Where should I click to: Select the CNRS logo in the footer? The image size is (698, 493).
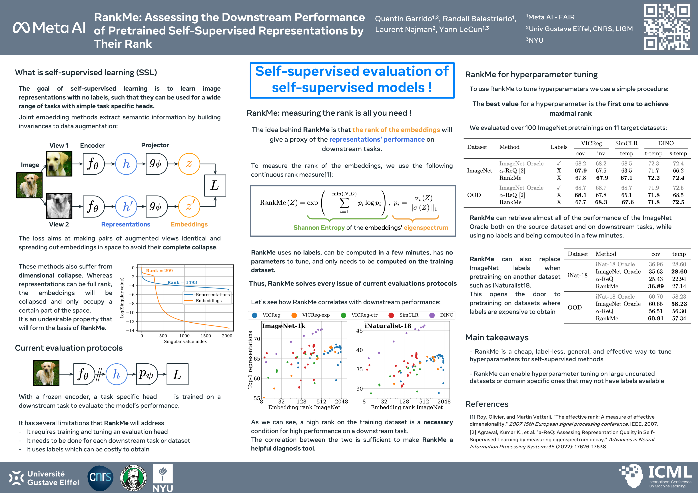[x=100, y=478]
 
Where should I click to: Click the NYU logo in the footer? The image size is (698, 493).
[x=163, y=478]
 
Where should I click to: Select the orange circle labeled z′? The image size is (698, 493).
[x=189, y=206]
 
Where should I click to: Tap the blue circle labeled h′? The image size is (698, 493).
[x=126, y=206]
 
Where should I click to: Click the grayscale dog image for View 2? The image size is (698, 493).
[x=59, y=206]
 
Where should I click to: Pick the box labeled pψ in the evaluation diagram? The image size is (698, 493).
[x=147, y=374]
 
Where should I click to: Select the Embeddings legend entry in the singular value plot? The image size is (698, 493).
[x=208, y=301]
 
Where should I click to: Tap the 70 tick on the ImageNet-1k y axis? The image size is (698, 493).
[x=257, y=339]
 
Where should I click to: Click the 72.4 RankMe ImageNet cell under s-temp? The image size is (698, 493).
[x=678, y=178]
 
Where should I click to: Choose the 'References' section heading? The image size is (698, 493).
[x=486, y=404]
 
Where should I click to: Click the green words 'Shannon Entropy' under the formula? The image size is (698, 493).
[x=319, y=228]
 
